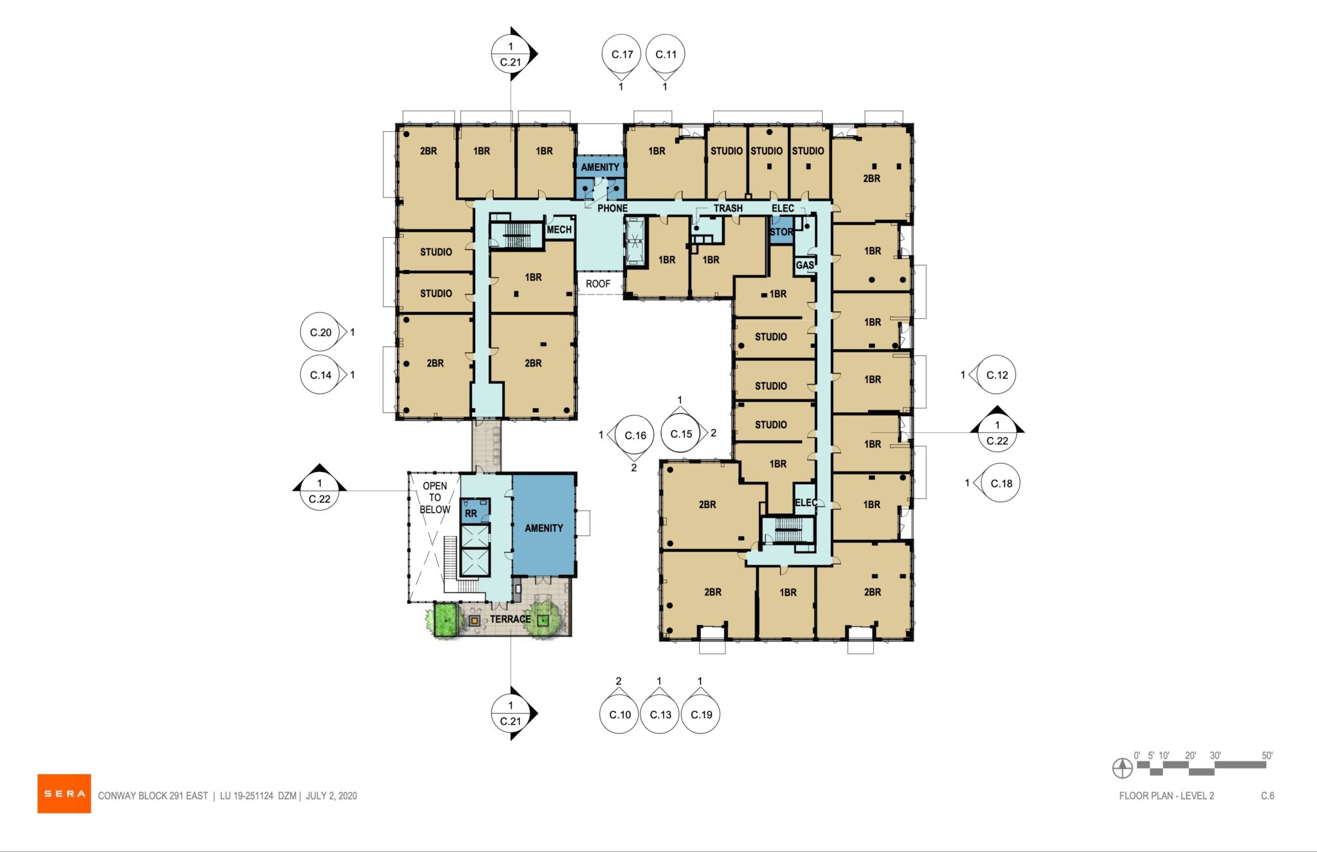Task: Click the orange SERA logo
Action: click(x=64, y=793)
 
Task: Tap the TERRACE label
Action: click(x=510, y=619)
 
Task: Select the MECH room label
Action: click(x=559, y=230)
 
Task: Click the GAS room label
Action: click(x=804, y=265)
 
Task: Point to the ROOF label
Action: click(x=597, y=284)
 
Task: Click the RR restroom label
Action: click(x=471, y=513)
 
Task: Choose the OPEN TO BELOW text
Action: click(x=435, y=498)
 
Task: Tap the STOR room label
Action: click(x=781, y=231)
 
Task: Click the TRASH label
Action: click(x=728, y=208)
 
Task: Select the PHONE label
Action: click(x=612, y=208)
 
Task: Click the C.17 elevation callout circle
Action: click(x=622, y=55)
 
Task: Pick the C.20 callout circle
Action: click(x=320, y=332)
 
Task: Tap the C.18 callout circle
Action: click(x=1001, y=483)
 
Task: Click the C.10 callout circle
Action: click(x=619, y=714)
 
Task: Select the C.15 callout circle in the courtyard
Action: click(x=681, y=434)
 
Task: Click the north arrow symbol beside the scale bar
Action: click(x=1122, y=768)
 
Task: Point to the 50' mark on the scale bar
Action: click(x=1266, y=756)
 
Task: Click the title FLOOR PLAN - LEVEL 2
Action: click(x=1166, y=796)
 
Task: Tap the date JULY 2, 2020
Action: click(x=331, y=796)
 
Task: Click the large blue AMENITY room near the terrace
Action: click(x=543, y=528)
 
